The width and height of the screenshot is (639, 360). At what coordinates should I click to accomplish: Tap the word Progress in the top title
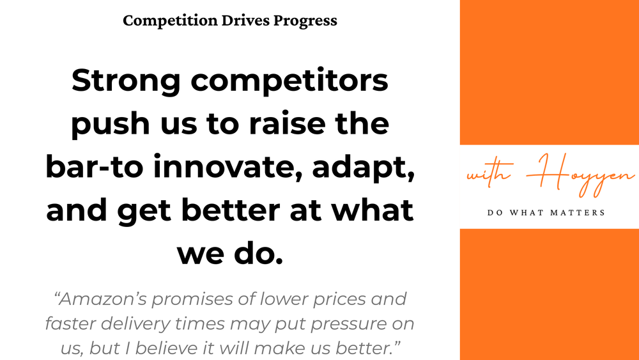(305, 20)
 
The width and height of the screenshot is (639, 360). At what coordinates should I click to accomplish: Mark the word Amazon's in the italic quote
(105, 299)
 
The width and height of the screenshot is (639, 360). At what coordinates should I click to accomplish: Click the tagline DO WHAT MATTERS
(550, 212)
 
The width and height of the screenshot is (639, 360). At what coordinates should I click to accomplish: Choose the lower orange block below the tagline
(550, 294)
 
